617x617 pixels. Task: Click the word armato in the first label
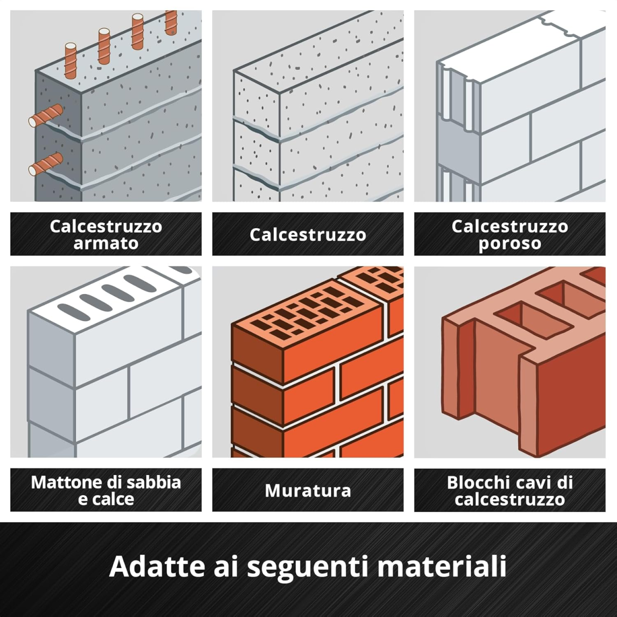click(x=106, y=243)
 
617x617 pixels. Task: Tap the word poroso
click(x=510, y=244)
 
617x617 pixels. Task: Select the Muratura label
click(x=307, y=491)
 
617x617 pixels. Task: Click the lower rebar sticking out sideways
click(x=46, y=164)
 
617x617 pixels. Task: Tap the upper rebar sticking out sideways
click(x=46, y=115)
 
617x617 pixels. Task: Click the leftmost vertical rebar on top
click(x=71, y=61)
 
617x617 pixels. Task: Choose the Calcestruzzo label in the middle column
click(x=307, y=234)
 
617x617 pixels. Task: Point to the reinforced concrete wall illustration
click(x=106, y=106)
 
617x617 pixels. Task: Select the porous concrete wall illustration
click(x=510, y=106)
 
